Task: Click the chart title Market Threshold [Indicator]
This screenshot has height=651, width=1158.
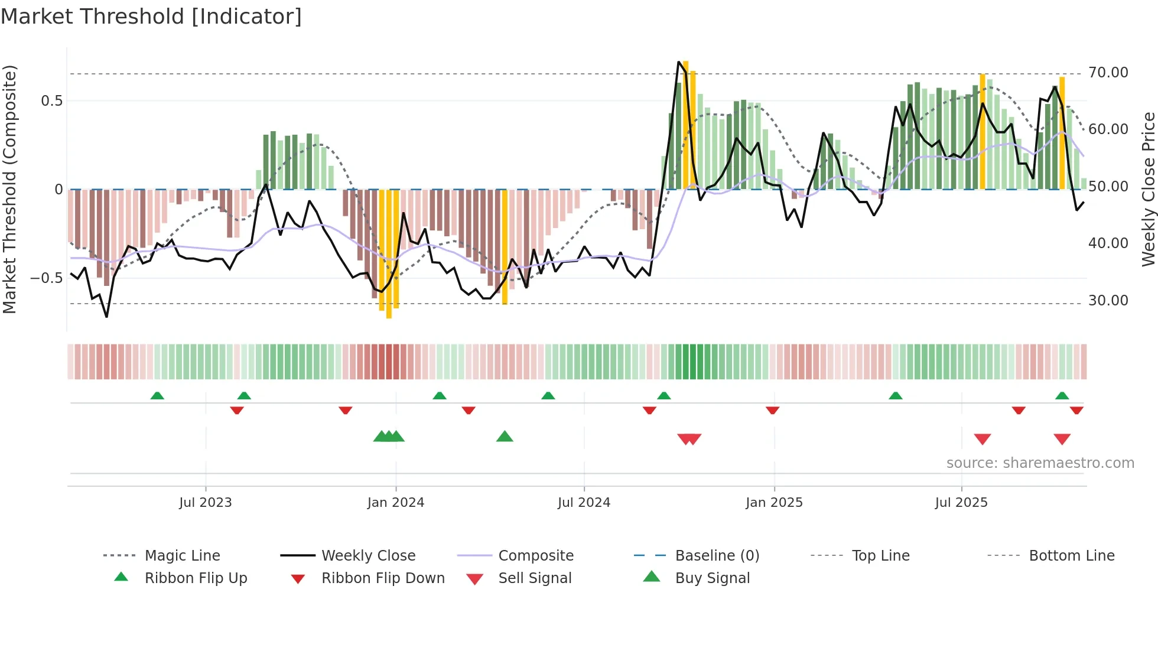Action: point(151,17)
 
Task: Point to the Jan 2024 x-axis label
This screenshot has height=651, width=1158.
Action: point(395,503)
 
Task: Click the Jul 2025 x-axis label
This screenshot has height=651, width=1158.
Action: point(961,503)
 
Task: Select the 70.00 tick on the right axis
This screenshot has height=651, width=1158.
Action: point(1108,73)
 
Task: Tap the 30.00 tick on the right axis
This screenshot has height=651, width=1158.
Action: point(1108,301)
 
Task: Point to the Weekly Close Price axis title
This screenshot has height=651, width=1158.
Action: point(1148,189)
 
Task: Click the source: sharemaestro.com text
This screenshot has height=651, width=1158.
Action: point(1040,463)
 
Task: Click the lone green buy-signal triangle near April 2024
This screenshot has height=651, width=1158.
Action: point(505,437)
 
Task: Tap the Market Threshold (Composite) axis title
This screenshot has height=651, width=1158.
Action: point(9,189)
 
